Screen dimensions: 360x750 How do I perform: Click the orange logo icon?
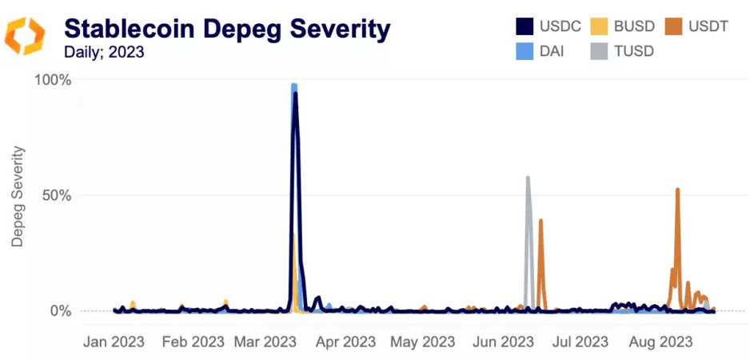click(25, 36)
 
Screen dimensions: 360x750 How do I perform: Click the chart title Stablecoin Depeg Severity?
click(227, 29)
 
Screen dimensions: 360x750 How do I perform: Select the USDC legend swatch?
click(524, 26)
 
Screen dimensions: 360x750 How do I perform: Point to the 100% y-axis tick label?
click(53, 80)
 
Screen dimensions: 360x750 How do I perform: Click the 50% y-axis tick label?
click(56, 195)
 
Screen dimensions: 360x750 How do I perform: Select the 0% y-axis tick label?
click(60, 310)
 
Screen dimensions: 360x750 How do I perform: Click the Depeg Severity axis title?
click(17, 195)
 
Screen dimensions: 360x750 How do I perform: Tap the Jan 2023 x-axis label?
click(114, 342)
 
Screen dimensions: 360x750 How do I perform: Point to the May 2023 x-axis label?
click(423, 342)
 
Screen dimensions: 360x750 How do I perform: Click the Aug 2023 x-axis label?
click(660, 342)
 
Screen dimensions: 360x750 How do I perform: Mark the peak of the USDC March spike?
click(295, 94)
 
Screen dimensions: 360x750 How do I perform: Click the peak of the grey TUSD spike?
click(528, 178)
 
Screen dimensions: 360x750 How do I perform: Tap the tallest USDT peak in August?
click(677, 190)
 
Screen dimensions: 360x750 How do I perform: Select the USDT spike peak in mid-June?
click(541, 220)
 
